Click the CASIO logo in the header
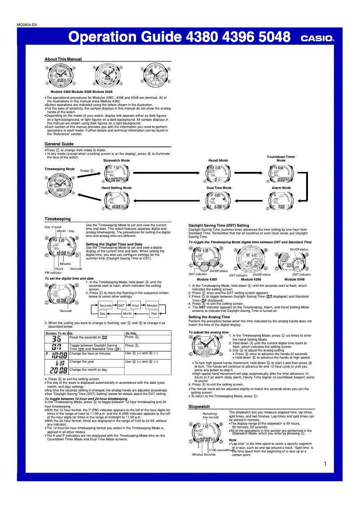click(x=317, y=39)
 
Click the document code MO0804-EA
click(x=27, y=25)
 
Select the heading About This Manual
click(x=63, y=59)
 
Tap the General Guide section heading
click(x=59, y=144)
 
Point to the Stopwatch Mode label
click(x=116, y=160)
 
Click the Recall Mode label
click(x=218, y=160)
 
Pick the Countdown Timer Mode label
click(x=281, y=158)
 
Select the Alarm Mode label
click(x=281, y=188)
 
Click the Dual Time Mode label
click(x=219, y=188)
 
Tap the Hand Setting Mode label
click(x=116, y=188)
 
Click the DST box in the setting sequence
click(x=121, y=305)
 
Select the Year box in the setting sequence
click(x=154, y=314)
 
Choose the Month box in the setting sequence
click(x=127, y=314)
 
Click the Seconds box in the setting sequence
click(x=105, y=305)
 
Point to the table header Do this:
click(x=132, y=333)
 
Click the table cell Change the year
click(x=82, y=361)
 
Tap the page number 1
click(x=325, y=464)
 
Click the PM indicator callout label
click(x=53, y=272)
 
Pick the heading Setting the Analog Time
click(x=209, y=317)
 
